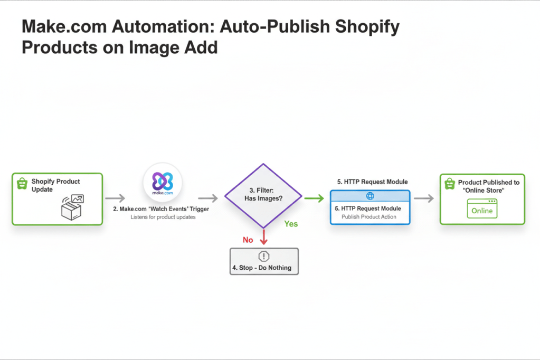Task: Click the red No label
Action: [x=248, y=240]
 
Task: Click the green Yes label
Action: [x=291, y=224]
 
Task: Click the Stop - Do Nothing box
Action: [x=264, y=261]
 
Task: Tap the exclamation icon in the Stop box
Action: [x=264, y=256]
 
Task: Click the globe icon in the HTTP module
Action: [x=370, y=196]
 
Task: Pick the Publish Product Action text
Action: [x=370, y=217]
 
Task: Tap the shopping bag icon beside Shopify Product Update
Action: [x=22, y=183]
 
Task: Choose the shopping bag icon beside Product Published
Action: [x=450, y=183]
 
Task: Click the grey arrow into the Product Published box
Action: [x=424, y=198]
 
